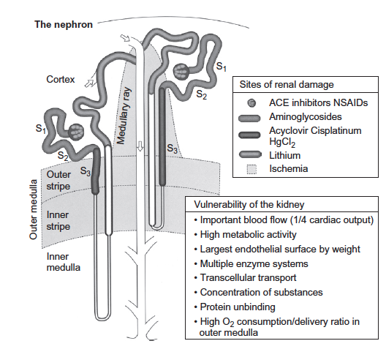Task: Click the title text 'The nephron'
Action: (64, 25)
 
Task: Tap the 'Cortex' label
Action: (61, 79)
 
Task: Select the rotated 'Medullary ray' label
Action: (124, 116)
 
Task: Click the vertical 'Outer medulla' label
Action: (33, 209)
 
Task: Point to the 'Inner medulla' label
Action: (64, 262)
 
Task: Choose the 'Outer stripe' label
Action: (58, 180)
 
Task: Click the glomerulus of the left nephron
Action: (76, 131)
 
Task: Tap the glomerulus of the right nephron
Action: (181, 71)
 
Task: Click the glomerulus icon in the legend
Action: (251, 102)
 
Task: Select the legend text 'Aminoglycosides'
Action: (306, 117)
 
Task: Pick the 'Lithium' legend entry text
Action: (285, 155)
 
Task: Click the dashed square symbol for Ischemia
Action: (251, 169)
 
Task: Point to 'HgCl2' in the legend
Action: (282, 142)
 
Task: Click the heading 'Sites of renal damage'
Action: (287, 85)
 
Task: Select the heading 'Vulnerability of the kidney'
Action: (249, 205)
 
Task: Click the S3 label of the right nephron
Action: (172, 149)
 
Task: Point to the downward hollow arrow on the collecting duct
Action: (140, 146)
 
